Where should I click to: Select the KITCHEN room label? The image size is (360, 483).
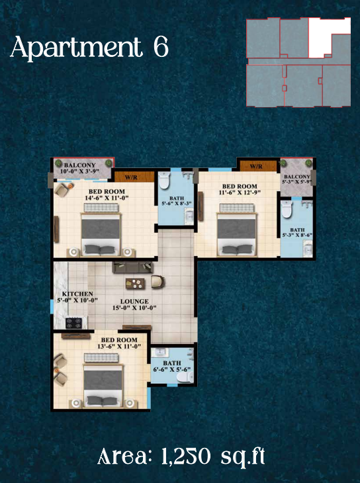(77, 293)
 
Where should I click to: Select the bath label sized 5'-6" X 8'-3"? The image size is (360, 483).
(176, 200)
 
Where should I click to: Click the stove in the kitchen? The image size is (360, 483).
(73, 323)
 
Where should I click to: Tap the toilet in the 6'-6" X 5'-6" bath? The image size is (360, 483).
(188, 375)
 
